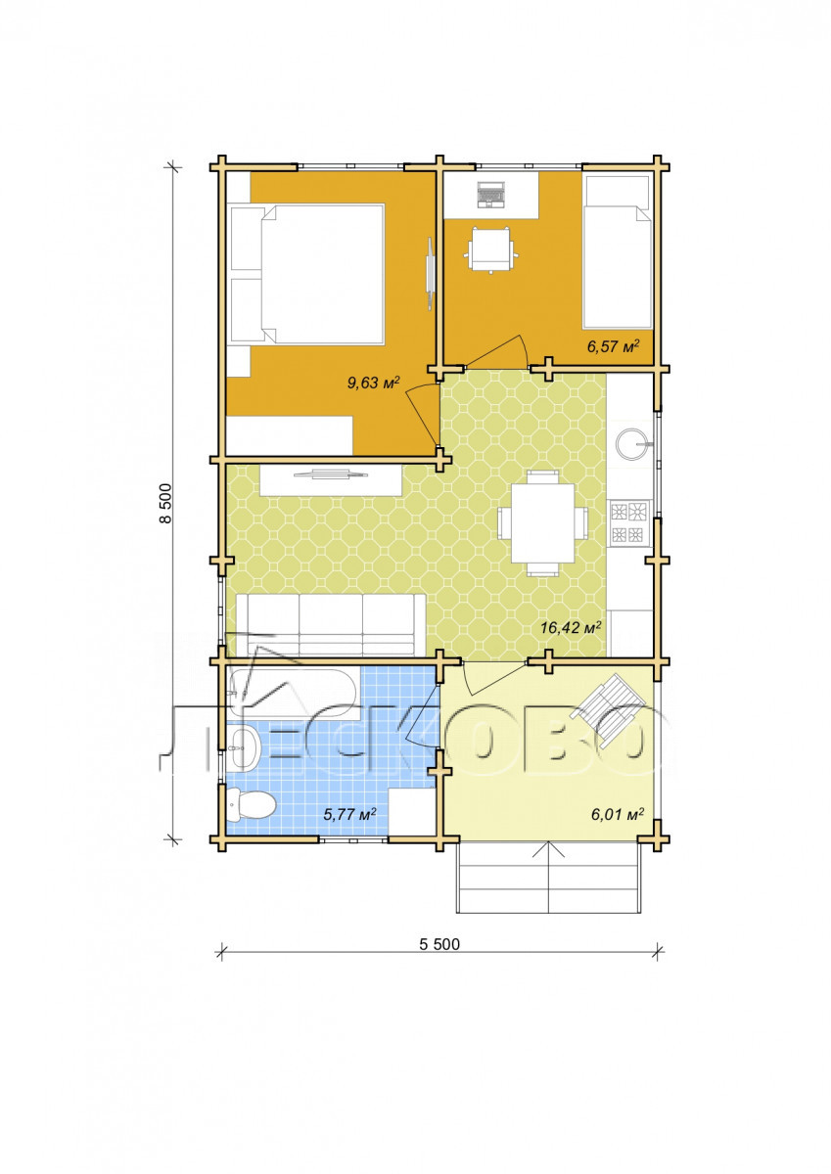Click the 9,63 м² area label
tap(374, 383)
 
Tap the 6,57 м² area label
tap(614, 346)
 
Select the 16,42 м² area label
tap(571, 627)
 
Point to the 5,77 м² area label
tap(349, 814)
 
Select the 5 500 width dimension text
tap(439, 944)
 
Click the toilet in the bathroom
tap(251, 804)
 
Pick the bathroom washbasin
tap(244, 747)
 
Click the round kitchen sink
tap(633, 444)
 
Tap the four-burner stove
tap(628, 523)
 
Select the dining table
tap(542, 522)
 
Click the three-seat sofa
tap(331, 624)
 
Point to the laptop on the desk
tap(491, 195)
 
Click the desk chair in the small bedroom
tap(491, 248)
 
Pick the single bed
tap(618, 252)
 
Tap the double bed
tap(307, 274)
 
